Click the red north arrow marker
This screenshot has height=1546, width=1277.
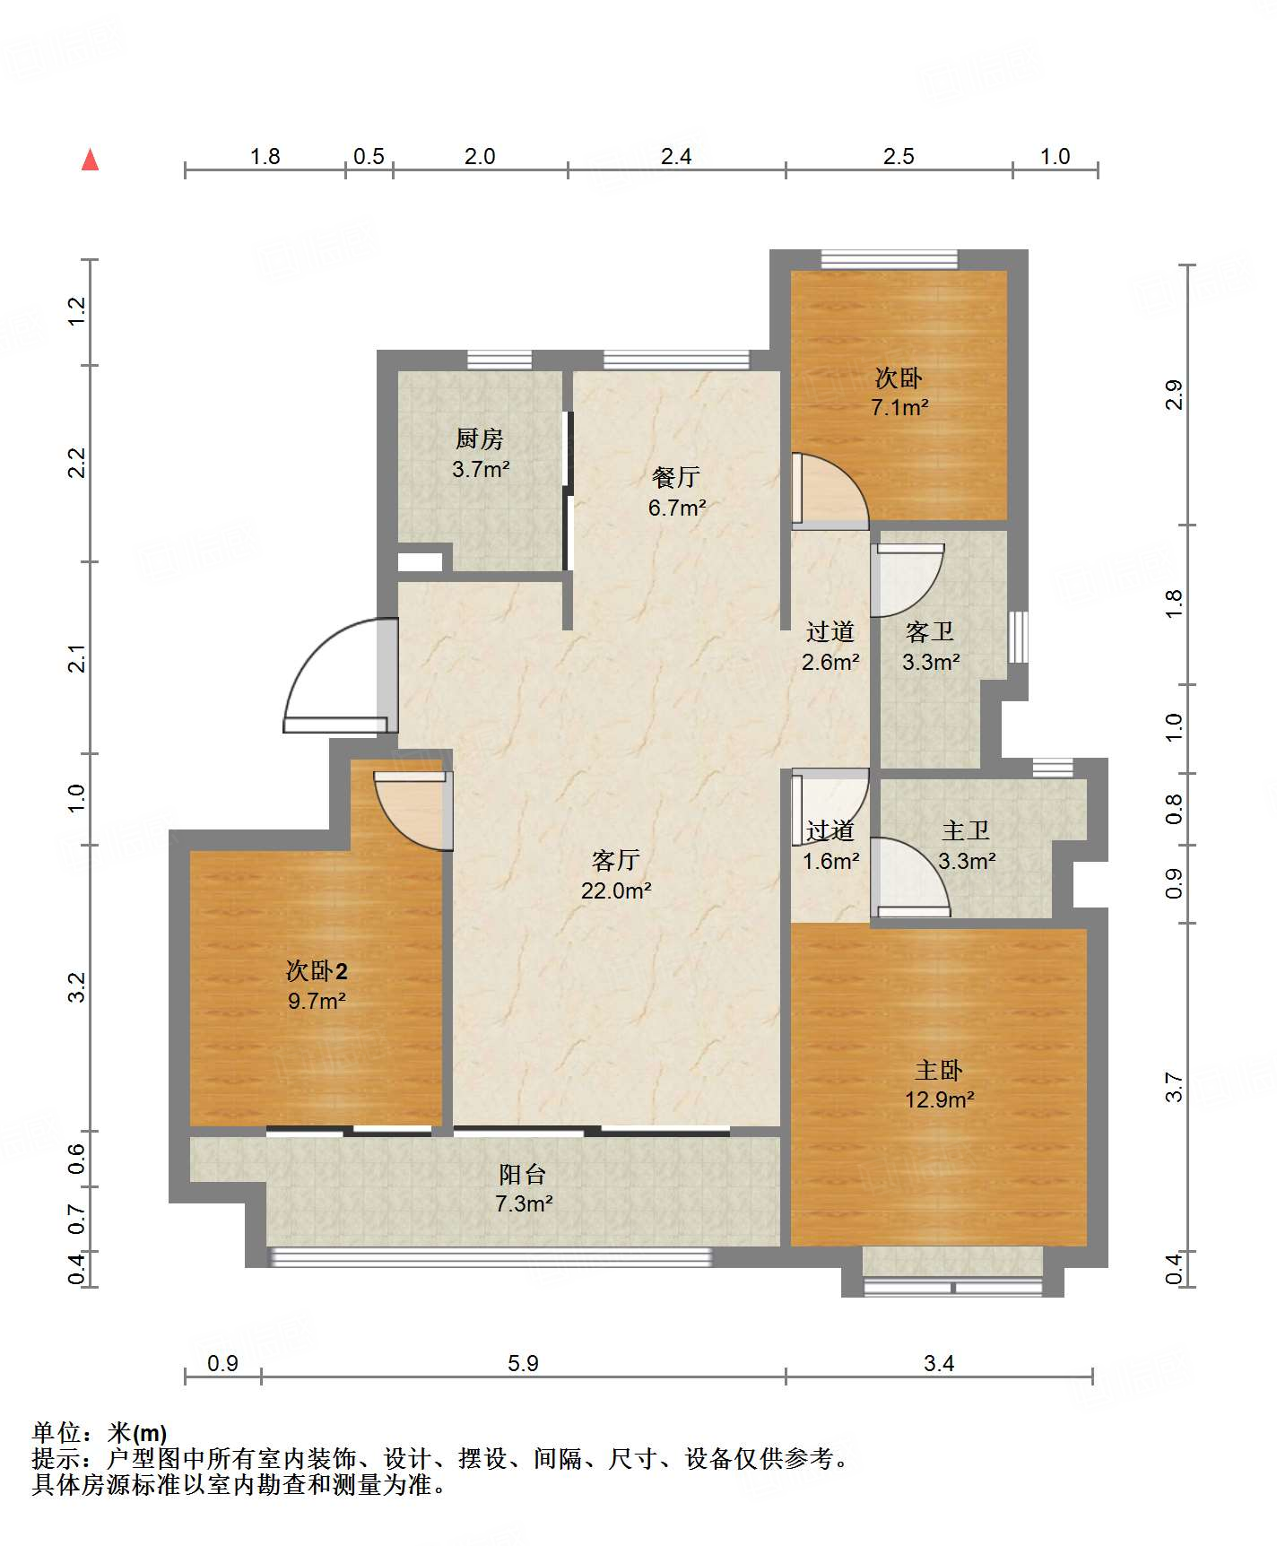point(91,160)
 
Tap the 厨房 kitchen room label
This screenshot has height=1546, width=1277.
point(480,439)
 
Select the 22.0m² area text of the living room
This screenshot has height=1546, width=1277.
point(616,890)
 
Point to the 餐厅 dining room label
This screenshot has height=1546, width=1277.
point(676,477)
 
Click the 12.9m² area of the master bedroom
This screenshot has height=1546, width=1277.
point(939,1099)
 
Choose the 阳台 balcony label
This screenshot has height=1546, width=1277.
point(523,1174)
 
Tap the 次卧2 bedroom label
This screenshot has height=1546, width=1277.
point(317,970)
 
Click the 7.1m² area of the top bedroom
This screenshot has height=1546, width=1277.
point(899,407)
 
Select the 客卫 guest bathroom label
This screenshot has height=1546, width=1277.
point(930,632)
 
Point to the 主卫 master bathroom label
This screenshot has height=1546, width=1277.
point(966,831)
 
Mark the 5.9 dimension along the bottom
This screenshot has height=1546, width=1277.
point(523,1364)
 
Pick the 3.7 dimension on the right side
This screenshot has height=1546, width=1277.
point(1174,1088)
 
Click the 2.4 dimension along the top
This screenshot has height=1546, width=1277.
point(676,157)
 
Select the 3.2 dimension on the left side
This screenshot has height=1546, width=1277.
point(77,987)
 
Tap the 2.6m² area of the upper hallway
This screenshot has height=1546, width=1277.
point(830,662)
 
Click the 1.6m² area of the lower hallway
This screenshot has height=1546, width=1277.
point(830,861)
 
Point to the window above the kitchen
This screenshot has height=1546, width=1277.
point(500,360)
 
